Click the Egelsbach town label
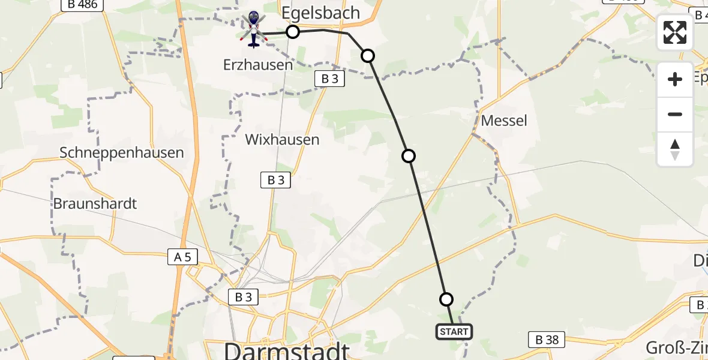[x=321, y=13]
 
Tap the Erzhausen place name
[x=258, y=65]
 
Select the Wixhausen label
[x=282, y=140]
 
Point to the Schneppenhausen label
[x=122, y=152]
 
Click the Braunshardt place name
[x=95, y=203]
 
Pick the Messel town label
[x=504, y=121]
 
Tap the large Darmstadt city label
[x=286, y=350]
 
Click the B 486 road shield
[x=83, y=4]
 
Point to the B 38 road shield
[x=547, y=340]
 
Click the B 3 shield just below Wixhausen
[x=275, y=179]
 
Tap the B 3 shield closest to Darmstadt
[x=243, y=296]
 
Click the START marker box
[x=454, y=332]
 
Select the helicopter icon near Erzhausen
[x=253, y=29]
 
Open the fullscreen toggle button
[x=675, y=32]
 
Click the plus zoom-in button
[x=675, y=79]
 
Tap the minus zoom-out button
[x=675, y=114]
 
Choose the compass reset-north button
[x=675, y=149]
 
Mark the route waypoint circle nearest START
[x=446, y=299]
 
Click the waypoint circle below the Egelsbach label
[x=292, y=32]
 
